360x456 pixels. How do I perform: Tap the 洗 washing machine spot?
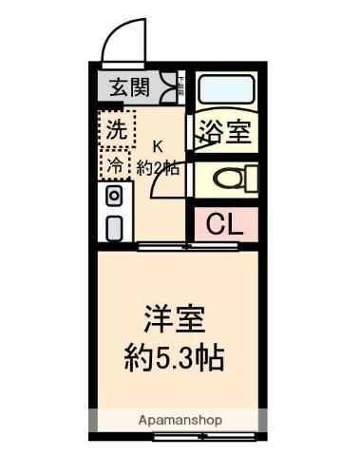116,129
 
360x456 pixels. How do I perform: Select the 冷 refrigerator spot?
115,163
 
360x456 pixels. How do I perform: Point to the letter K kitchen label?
158,145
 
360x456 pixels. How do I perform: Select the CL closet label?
225,225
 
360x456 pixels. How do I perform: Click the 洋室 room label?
176,319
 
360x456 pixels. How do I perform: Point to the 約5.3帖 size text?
175,359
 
